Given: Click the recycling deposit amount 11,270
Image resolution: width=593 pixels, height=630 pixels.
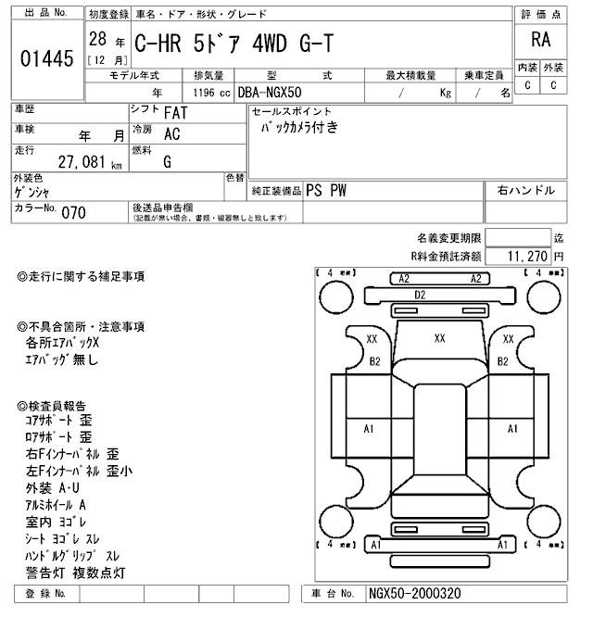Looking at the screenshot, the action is [527, 256].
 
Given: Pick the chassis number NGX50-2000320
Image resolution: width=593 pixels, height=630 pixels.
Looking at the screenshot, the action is [415, 594].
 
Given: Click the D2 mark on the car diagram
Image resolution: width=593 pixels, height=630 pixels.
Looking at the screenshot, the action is [420, 295].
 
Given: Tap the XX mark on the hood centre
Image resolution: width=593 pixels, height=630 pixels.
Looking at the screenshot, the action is [439, 339].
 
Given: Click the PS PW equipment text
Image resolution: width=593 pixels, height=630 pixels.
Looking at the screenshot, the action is [327, 190].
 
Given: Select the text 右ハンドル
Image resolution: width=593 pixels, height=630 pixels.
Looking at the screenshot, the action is [525, 190].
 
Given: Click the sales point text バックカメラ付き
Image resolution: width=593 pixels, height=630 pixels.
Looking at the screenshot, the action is [299, 129].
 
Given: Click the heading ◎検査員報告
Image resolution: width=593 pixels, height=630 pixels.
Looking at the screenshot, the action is [52, 406].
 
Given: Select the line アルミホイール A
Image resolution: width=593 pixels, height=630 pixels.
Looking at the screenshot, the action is [56, 505].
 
